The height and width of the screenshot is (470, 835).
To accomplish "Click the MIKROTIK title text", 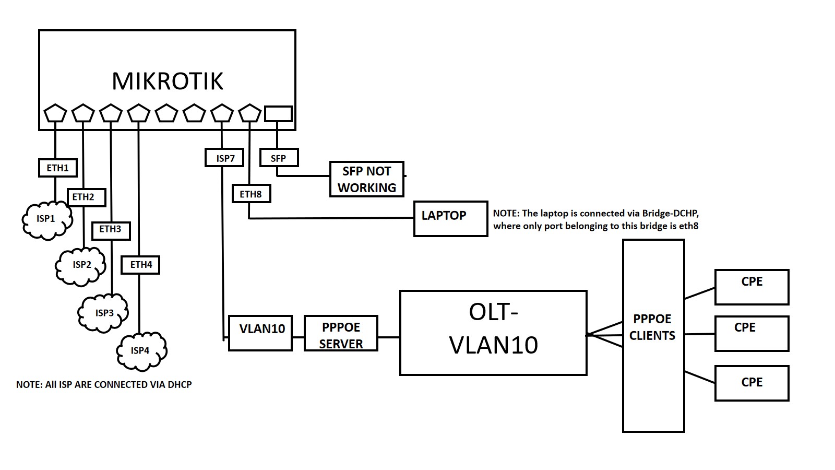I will point(168,81).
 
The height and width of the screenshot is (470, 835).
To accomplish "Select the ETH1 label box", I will point(58,168).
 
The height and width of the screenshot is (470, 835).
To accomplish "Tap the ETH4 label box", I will point(140,265).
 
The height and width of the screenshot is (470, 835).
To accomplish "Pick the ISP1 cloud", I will point(46,220).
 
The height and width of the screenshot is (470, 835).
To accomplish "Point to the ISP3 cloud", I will point(103,313).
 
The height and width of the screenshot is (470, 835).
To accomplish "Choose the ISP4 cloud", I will point(141,350).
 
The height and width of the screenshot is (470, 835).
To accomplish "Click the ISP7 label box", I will point(224,158).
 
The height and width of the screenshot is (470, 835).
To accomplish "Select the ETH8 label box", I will point(251,194).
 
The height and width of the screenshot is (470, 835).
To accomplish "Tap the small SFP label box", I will point(279,158).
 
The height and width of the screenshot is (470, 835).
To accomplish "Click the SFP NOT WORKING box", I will point(366,179).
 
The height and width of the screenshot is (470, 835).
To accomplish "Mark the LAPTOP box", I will point(450,218).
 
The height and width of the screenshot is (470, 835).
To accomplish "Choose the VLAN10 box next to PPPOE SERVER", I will point(260,333).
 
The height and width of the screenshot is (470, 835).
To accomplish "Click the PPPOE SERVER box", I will point(341,333).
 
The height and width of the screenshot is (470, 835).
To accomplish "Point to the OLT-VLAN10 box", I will point(493,333).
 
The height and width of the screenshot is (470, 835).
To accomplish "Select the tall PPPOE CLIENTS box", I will point(653,335).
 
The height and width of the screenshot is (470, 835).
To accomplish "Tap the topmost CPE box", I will point(751,287).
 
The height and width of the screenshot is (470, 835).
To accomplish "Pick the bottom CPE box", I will point(751,383).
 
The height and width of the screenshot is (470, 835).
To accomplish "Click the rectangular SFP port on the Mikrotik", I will point(278,113).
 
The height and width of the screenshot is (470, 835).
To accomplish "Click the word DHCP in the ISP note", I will point(180,384).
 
